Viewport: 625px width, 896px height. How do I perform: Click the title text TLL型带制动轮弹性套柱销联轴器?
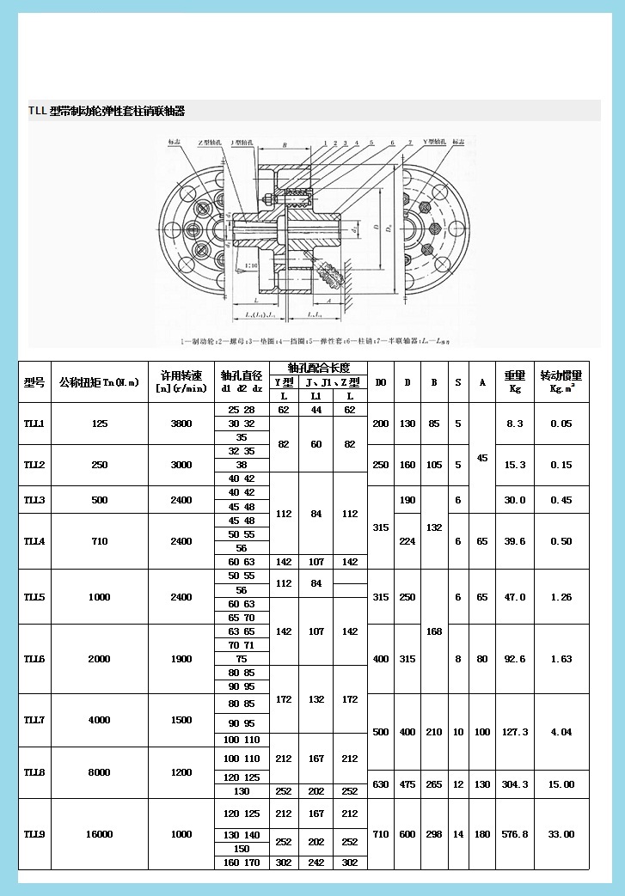107,112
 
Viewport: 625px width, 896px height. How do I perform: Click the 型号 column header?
34,382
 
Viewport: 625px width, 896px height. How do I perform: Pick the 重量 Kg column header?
515,382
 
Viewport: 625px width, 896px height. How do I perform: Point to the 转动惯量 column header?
561,382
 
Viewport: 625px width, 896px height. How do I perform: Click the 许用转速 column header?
181,382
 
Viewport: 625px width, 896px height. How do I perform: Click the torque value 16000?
100,834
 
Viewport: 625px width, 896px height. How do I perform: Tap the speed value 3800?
181,424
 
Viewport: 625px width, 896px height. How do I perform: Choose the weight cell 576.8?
515,834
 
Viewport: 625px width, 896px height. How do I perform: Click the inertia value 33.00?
561,834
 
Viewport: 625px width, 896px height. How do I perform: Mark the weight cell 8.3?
515,424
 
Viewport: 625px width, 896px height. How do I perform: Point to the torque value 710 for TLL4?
100,541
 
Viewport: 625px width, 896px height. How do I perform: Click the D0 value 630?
381,784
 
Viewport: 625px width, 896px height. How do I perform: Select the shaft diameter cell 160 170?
242,862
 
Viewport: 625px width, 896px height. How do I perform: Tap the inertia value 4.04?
561,732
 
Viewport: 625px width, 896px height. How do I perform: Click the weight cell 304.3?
515,784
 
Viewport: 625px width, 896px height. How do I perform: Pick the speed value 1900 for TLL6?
181,659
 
